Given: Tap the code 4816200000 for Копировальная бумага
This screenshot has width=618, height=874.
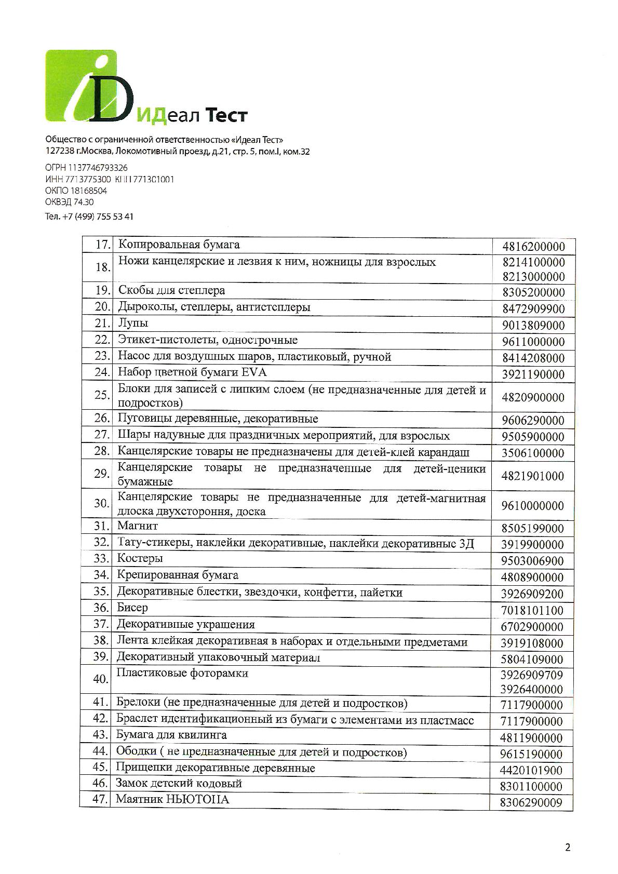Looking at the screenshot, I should [x=533, y=246].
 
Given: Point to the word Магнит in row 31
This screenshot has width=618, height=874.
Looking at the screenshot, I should [x=138, y=526].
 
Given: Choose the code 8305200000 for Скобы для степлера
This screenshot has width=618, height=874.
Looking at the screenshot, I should [x=533, y=292].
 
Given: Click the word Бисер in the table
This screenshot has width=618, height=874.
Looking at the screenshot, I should [x=132, y=608].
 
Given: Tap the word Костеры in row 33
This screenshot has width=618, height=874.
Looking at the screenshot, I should [x=140, y=558].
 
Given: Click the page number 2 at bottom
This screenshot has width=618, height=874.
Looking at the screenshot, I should [x=567, y=848].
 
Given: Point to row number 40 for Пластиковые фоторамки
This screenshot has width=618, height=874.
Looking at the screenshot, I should [x=100, y=679].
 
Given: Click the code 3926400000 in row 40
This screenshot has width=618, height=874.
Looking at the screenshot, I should [x=532, y=689].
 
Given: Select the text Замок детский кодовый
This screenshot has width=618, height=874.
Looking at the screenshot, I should [x=179, y=783].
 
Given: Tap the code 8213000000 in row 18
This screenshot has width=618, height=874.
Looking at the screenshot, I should [x=533, y=276].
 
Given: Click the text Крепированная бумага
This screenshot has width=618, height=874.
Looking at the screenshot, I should [x=178, y=575].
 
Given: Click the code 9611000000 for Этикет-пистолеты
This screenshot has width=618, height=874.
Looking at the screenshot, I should [x=533, y=342].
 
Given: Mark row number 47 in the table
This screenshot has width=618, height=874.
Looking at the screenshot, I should [x=99, y=799].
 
